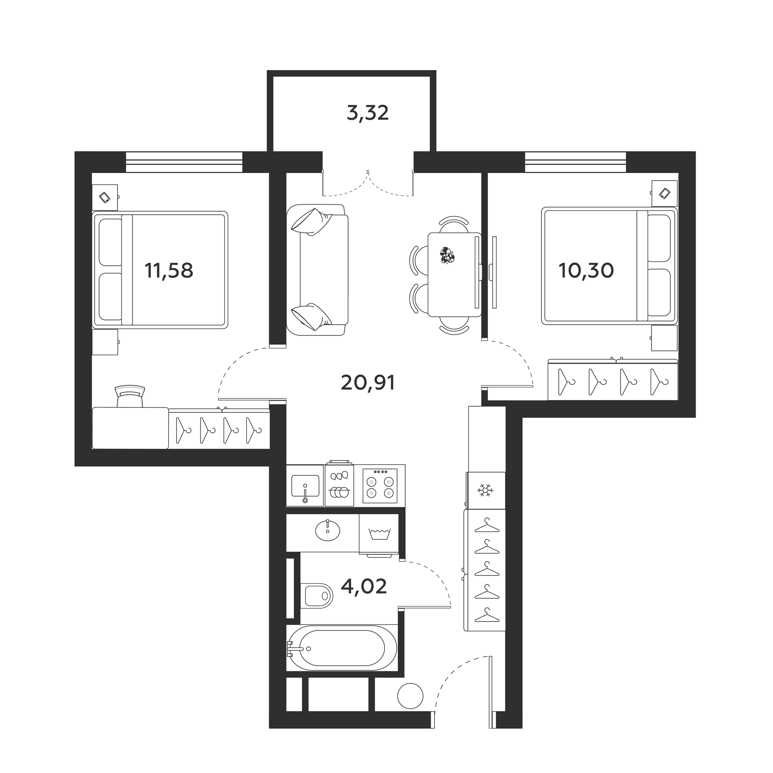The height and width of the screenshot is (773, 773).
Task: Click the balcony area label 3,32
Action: click(368, 113)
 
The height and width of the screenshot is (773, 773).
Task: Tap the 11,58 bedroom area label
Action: click(169, 271)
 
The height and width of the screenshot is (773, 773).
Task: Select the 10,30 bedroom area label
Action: click(586, 271)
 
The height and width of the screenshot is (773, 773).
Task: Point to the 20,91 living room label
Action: click(367, 383)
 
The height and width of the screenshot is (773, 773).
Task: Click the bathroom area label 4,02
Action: click(364, 587)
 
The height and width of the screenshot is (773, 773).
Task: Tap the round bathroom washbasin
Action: click(327, 531)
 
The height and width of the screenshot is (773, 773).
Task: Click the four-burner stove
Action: click(380, 486)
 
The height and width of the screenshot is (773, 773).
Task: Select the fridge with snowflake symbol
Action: click(486, 490)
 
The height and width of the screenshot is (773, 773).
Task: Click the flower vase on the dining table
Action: click(447, 256)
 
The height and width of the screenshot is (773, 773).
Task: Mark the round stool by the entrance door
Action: click(410, 708)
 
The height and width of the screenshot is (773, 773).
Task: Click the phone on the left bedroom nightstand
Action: click(105, 197)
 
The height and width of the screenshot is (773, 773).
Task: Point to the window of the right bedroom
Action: click(575, 162)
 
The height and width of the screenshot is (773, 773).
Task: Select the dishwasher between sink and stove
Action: click(339, 486)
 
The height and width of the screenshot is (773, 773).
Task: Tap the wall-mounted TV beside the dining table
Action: click(494, 272)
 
